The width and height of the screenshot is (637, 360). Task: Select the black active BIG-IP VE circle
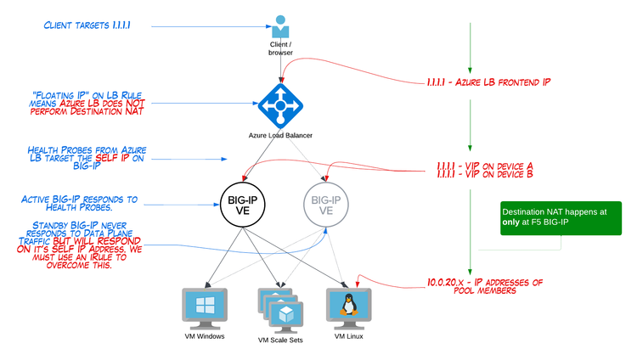pos(244,201)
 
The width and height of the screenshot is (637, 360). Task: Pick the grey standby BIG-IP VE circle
pos(327,201)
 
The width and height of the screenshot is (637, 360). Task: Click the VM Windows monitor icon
pos(204,308)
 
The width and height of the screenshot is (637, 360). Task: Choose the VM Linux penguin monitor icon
pos(349,308)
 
